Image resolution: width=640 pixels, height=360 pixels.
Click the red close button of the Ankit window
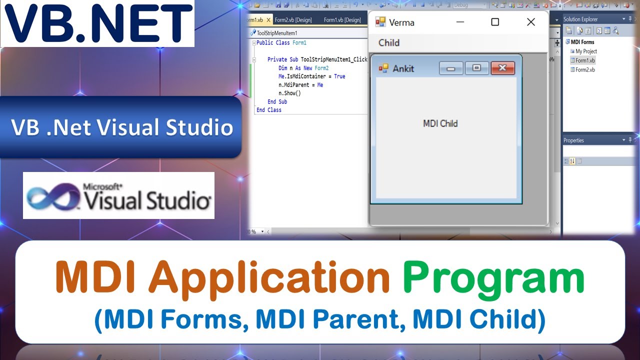click(502, 68)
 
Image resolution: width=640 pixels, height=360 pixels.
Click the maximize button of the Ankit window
click(476, 68)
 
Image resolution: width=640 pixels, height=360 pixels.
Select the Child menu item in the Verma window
click(389, 42)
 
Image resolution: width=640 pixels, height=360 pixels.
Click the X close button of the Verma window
click(530, 22)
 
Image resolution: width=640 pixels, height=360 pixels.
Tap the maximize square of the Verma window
click(494, 22)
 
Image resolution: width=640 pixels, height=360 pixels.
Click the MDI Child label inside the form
click(440, 123)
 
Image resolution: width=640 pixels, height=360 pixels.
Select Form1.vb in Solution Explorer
click(584, 60)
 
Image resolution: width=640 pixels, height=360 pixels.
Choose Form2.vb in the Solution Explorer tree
click(584, 70)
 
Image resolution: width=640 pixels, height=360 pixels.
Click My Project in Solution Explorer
click(585, 51)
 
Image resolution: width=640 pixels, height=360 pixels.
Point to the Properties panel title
click(573, 140)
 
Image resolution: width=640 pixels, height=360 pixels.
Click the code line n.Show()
click(289, 93)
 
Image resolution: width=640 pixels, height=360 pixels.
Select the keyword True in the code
click(339, 76)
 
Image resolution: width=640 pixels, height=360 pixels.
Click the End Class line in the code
click(269, 110)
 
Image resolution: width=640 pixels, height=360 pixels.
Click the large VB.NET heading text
click(97, 23)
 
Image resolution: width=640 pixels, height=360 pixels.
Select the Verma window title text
click(401, 22)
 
